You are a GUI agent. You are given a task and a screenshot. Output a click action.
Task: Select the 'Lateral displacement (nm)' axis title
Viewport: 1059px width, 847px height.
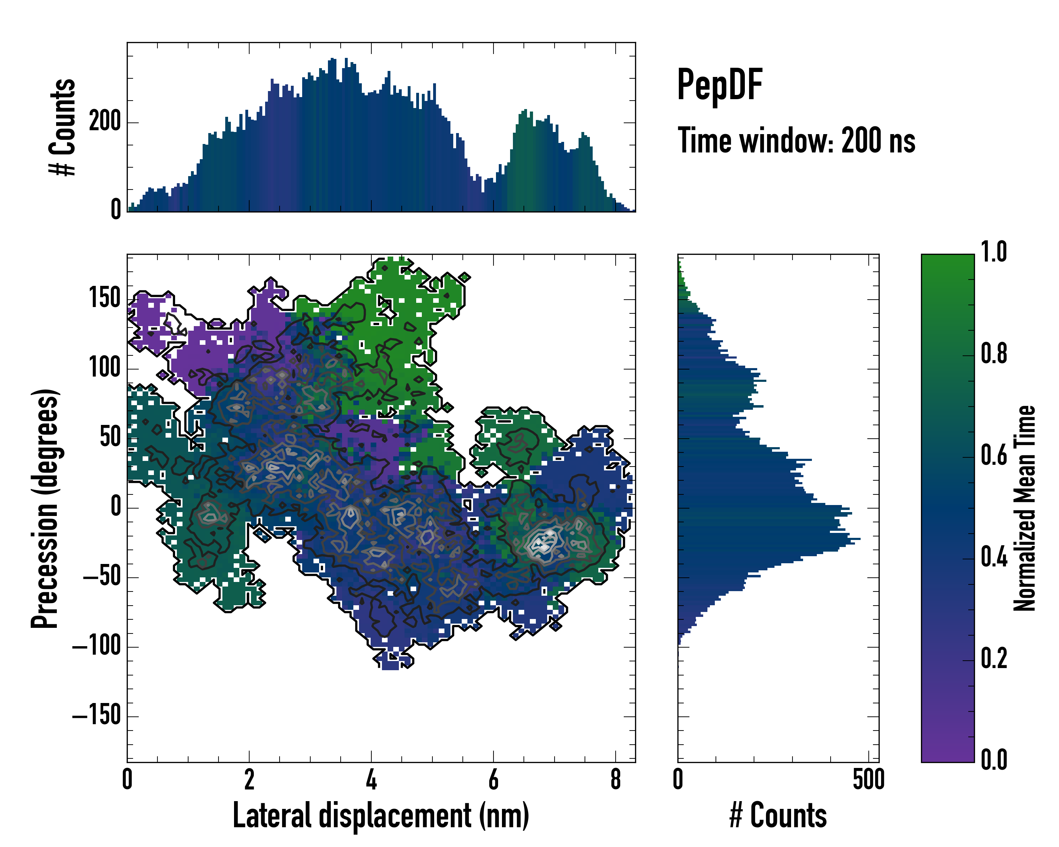click(381, 816)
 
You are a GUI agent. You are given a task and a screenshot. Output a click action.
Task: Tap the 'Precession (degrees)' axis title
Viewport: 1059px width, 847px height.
click(45, 508)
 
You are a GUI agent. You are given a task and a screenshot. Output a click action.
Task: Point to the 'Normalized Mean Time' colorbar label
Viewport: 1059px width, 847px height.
click(1025, 508)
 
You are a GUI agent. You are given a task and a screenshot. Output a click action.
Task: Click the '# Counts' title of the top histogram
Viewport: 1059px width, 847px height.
click(63, 127)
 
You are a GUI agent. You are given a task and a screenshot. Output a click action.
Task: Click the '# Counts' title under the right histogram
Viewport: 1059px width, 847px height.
click(778, 816)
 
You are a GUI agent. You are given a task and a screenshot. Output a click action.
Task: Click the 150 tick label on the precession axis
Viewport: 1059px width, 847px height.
click(104, 298)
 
